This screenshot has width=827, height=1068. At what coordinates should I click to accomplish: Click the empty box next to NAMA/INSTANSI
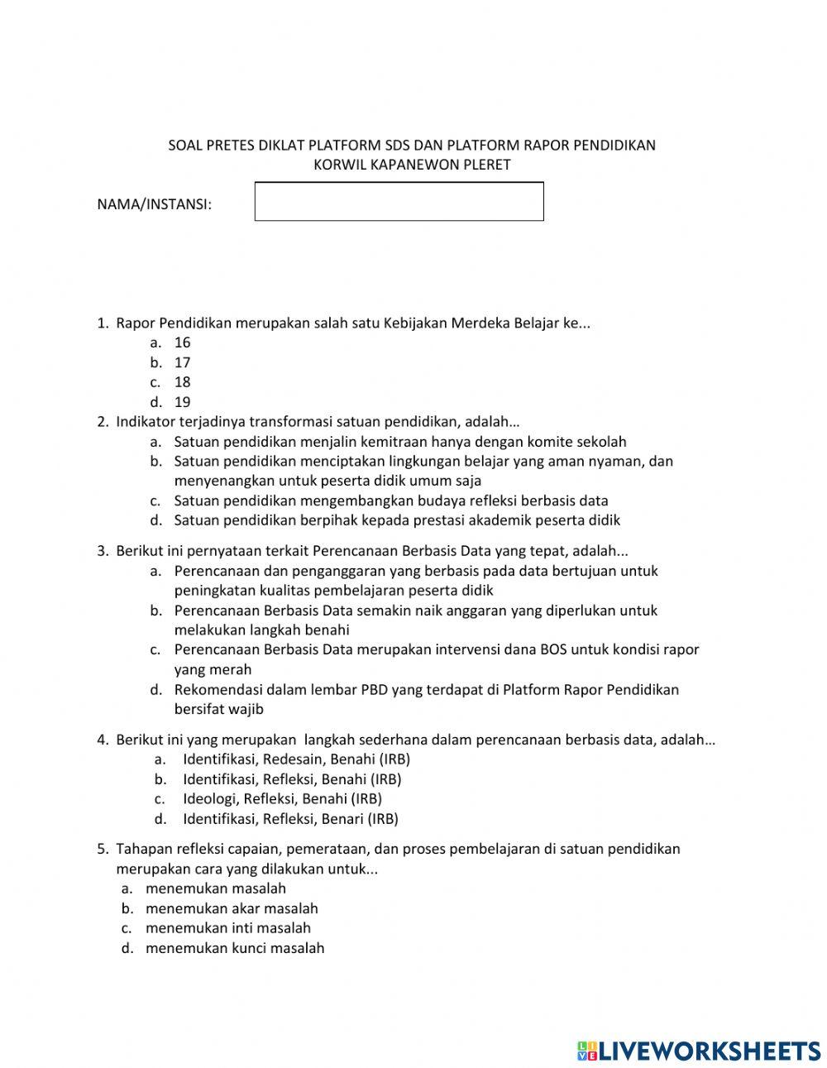click(399, 202)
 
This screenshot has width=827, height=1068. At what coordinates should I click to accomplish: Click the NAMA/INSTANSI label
click(155, 204)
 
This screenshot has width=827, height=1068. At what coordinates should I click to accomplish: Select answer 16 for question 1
click(182, 342)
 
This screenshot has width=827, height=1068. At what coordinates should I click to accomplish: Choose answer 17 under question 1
click(182, 362)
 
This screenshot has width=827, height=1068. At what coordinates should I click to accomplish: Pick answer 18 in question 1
click(182, 382)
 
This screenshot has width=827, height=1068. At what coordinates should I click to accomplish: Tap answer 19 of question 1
click(182, 402)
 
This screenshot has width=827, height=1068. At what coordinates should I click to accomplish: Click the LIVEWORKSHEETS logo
click(699, 1051)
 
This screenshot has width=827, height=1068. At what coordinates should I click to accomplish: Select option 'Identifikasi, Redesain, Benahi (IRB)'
click(296, 759)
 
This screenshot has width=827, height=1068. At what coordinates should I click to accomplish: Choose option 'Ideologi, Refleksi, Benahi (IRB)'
click(282, 799)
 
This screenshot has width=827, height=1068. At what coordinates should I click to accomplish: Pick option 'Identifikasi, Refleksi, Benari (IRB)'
click(290, 819)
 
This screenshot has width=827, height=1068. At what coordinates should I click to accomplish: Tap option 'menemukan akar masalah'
click(232, 908)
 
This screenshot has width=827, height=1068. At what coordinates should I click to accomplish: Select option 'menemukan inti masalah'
click(228, 928)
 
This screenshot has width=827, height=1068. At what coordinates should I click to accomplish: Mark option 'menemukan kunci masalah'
click(235, 948)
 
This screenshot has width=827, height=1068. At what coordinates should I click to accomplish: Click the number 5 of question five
click(102, 849)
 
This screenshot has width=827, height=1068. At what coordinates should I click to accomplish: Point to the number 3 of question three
click(102, 551)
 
